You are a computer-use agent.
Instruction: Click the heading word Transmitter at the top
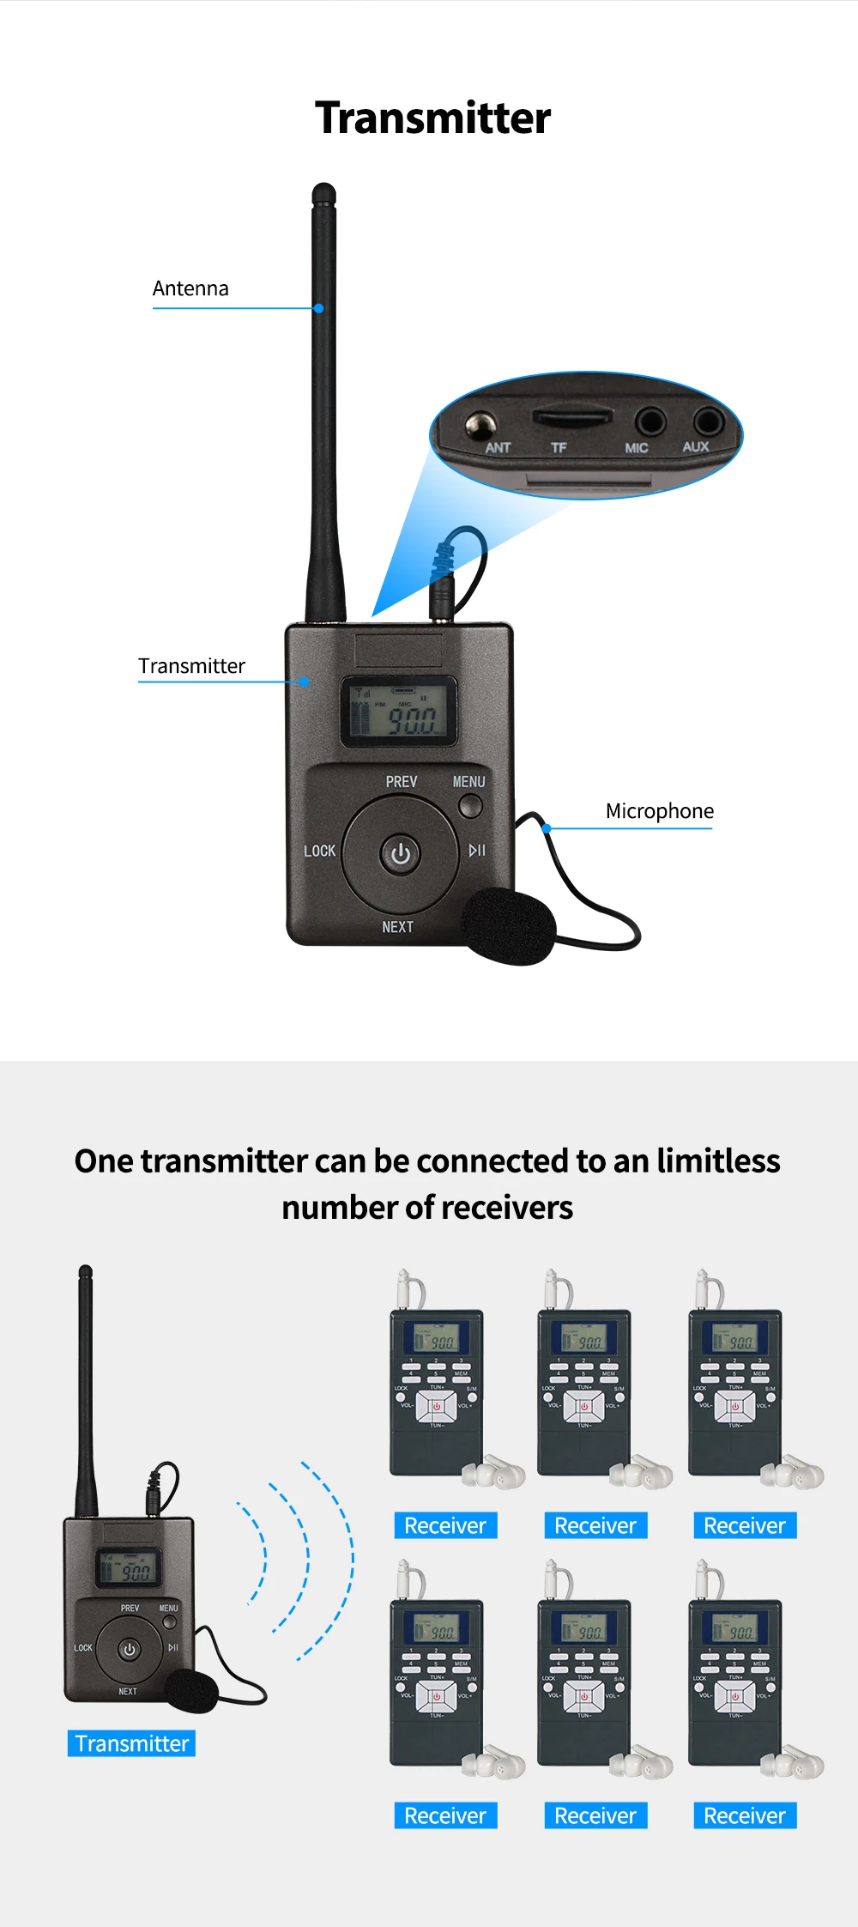click(x=432, y=118)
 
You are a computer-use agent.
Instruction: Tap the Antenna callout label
click(x=190, y=288)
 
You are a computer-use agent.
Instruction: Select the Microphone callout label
click(x=659, y=811)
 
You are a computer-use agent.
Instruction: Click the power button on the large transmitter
click(x=400, y=854)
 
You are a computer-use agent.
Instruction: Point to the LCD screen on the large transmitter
click(x=399, y=712)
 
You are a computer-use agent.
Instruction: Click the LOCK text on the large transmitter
click(x=319, y=851)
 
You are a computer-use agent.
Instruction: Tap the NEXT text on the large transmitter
click(x=397, y=927)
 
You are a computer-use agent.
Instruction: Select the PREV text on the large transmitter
click(x=401, y=782)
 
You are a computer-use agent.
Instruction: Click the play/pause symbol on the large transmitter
click(x=477, y=851)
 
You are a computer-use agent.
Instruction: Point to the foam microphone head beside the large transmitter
click(x=509, y=926)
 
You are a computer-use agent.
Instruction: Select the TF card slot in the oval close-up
click(x=572, y=417)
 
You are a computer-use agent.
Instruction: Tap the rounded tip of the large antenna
click(x=323, y=191)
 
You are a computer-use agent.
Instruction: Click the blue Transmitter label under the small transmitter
click(x=131, y=1743)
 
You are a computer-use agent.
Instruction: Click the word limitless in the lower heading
click(x=718, y=1161)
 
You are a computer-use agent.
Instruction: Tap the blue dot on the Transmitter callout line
click(x=305, y=682)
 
